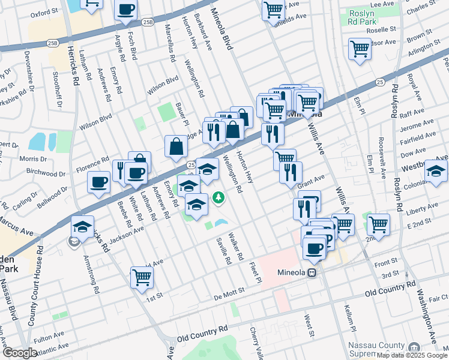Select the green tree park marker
[220, 197]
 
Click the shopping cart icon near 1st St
[142, 277]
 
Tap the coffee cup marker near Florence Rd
[99, 182]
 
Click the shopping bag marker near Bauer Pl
[176, 146]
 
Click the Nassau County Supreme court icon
[414, 348]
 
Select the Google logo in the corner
[20, 353]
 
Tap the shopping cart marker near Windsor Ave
[360, 49]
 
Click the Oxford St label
[44, 11]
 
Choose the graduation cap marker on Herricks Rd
[82, 227]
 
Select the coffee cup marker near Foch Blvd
[126, 10]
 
